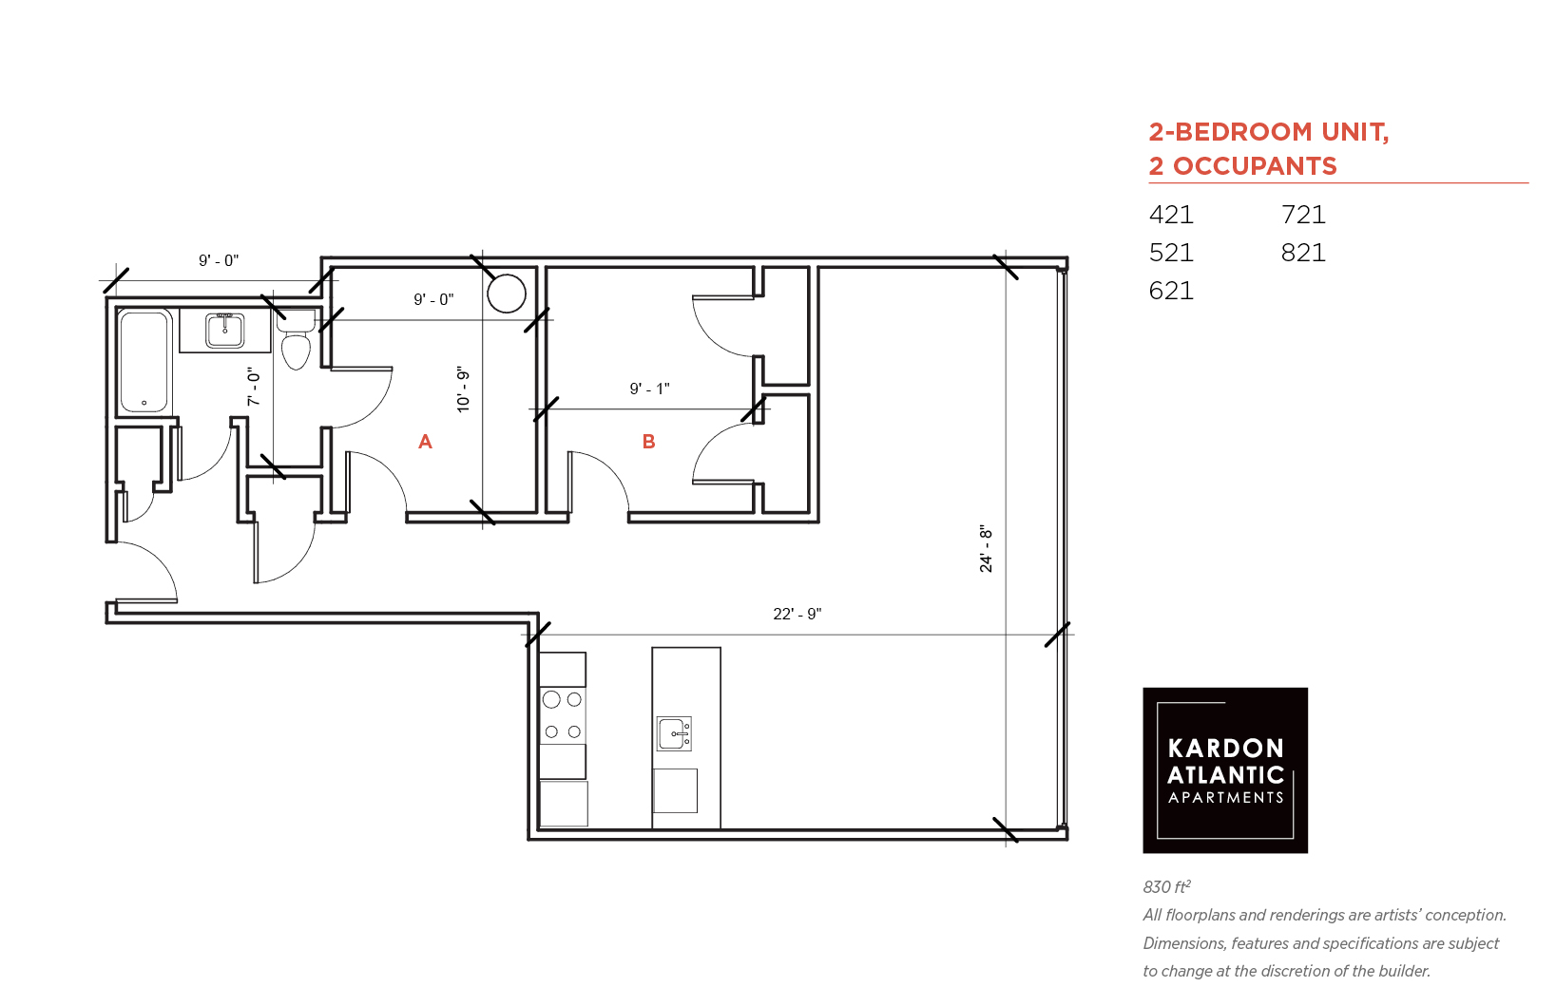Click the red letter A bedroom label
[x=425, y=442]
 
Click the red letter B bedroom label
[x=649, y=442]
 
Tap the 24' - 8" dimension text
[x=986, y=548]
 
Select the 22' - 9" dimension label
[x=797, y=614]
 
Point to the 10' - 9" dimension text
[x=463, y=389]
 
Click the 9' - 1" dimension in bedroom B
[x=649, y=389]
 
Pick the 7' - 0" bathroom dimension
[x=254, y=387]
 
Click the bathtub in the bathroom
[x=144, y=361]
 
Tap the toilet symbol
[x=297, y=340]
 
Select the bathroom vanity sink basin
[x=224, y=330]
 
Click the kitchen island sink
[x=674, y=734]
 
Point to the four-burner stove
[x=563, y=716]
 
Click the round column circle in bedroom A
[x=507, y=294]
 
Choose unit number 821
[x=1303, y=253]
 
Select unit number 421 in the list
[x=1171, y=216]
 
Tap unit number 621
[x=1171, y=291]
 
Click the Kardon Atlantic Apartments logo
[x=1225, y=770]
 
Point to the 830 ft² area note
[x=1167, y=886]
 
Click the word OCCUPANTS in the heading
[x=1256, y=166]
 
